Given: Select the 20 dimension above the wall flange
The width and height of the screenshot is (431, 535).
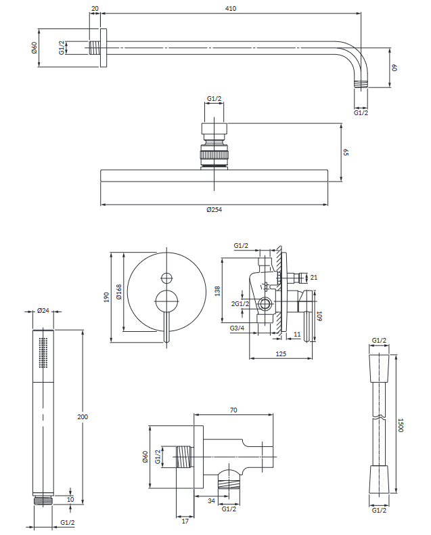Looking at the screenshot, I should [x=95, y=9].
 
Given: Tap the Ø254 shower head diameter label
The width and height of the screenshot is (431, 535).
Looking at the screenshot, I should [x=214, y=210].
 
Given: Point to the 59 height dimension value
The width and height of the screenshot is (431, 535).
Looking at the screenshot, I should [x=345, y=153].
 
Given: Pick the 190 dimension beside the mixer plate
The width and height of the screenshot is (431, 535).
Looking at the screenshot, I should [x=107, y=297].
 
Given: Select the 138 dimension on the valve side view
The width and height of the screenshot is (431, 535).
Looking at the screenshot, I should [x=217, y=291].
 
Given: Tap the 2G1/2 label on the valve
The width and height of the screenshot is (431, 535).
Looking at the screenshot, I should [x=240, y=303].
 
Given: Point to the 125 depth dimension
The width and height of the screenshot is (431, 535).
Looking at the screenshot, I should [x=280, y=354].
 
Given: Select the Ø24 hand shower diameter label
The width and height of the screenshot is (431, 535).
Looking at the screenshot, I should [x=42, y=311].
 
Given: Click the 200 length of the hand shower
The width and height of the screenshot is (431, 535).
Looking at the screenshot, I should [x=83, y=416].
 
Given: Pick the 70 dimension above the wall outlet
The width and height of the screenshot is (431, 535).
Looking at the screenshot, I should [x=233, y=410].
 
